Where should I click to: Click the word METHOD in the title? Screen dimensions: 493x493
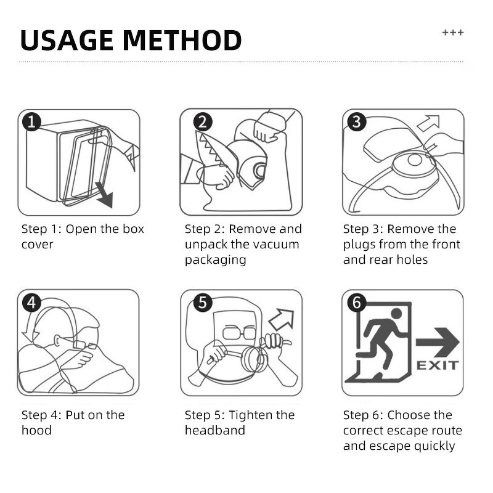click(x=182, y=41)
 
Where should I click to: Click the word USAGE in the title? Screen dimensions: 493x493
click(x=67, y=41)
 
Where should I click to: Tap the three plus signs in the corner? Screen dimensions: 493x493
click(x=453, y=33)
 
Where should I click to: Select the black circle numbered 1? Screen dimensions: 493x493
click(x=31, y=121)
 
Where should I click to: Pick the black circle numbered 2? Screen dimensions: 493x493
click(x=203, y=121)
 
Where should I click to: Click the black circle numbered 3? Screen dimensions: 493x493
click(x=357, y=121)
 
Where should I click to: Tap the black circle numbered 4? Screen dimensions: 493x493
click(x=31, y=303)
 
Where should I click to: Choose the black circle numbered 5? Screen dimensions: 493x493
click(x=203, y=303)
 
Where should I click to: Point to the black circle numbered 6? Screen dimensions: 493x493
click(x=357, y=303)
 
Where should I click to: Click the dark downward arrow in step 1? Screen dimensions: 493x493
click(x=105, y=195)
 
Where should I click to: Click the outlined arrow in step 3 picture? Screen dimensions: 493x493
click(x=429, y=123)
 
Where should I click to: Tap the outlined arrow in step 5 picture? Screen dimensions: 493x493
click(x=282, y=320)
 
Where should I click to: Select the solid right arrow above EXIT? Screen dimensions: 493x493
click(x=438, y=343)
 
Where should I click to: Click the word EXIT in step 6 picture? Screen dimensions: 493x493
click(x=438, y=365)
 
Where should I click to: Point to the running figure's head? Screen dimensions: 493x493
click(x=396, y=314)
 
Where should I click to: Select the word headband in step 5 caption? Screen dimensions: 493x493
click(x=215, y=430)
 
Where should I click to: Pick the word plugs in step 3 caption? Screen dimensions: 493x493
click(x=359, y=245)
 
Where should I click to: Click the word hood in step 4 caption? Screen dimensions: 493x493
click(x=36, y=430)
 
